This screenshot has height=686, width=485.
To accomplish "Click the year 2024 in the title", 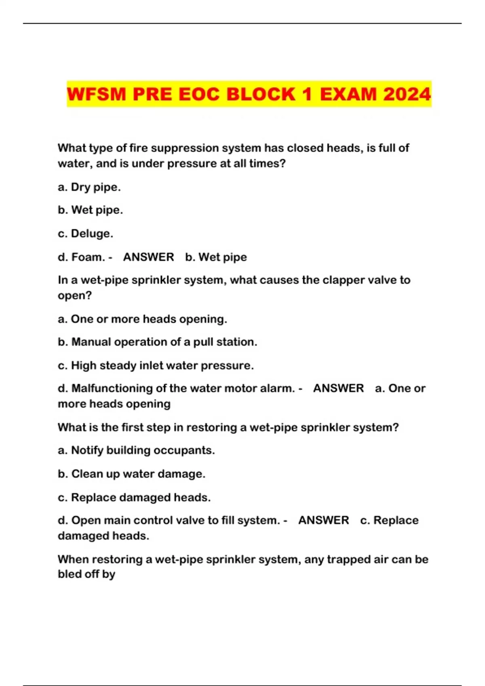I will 407,94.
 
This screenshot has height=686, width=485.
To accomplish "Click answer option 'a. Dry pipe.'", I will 89,187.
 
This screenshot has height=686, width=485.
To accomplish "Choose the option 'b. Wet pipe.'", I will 90,210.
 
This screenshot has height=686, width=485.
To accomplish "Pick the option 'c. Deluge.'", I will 85,234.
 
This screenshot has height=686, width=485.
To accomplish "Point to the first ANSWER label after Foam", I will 148,257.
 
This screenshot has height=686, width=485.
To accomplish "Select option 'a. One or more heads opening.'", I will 142,319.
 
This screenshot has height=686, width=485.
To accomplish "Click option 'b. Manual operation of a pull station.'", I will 157,342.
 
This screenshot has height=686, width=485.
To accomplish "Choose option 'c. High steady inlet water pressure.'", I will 156,366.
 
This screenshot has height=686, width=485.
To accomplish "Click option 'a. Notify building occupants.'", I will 136,450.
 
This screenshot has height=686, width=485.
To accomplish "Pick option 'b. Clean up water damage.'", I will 131,474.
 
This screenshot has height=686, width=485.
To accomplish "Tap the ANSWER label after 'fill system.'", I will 323,520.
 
